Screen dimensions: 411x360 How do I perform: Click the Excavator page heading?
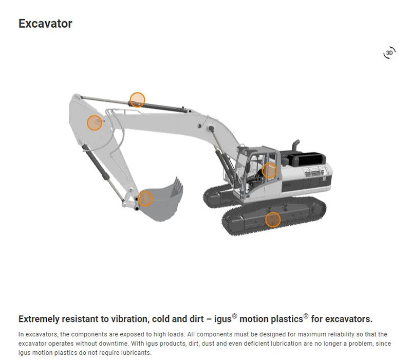(x=45, y=24)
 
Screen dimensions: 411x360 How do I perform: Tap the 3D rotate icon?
(x=389, y=53)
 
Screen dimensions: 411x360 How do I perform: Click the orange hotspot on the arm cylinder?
(x=137, y=100)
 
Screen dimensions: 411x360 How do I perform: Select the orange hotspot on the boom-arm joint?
(x=95, y=122)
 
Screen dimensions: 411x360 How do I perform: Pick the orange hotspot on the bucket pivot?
(x=145, y=199)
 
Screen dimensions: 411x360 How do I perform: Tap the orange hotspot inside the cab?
(x=269, y=170)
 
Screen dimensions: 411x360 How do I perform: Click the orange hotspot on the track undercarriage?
(x=273, y=220)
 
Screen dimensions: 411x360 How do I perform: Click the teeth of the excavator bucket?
(x=177, y=187)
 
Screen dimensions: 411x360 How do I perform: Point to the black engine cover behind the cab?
(x=307, y=158)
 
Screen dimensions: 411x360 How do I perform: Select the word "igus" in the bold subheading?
(x=223, y=319)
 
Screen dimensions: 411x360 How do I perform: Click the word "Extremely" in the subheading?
(x=39, y=319)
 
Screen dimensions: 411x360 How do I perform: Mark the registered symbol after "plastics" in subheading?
(x=306, y=316)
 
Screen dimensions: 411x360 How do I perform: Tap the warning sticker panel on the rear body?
(x=313, y=171)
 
